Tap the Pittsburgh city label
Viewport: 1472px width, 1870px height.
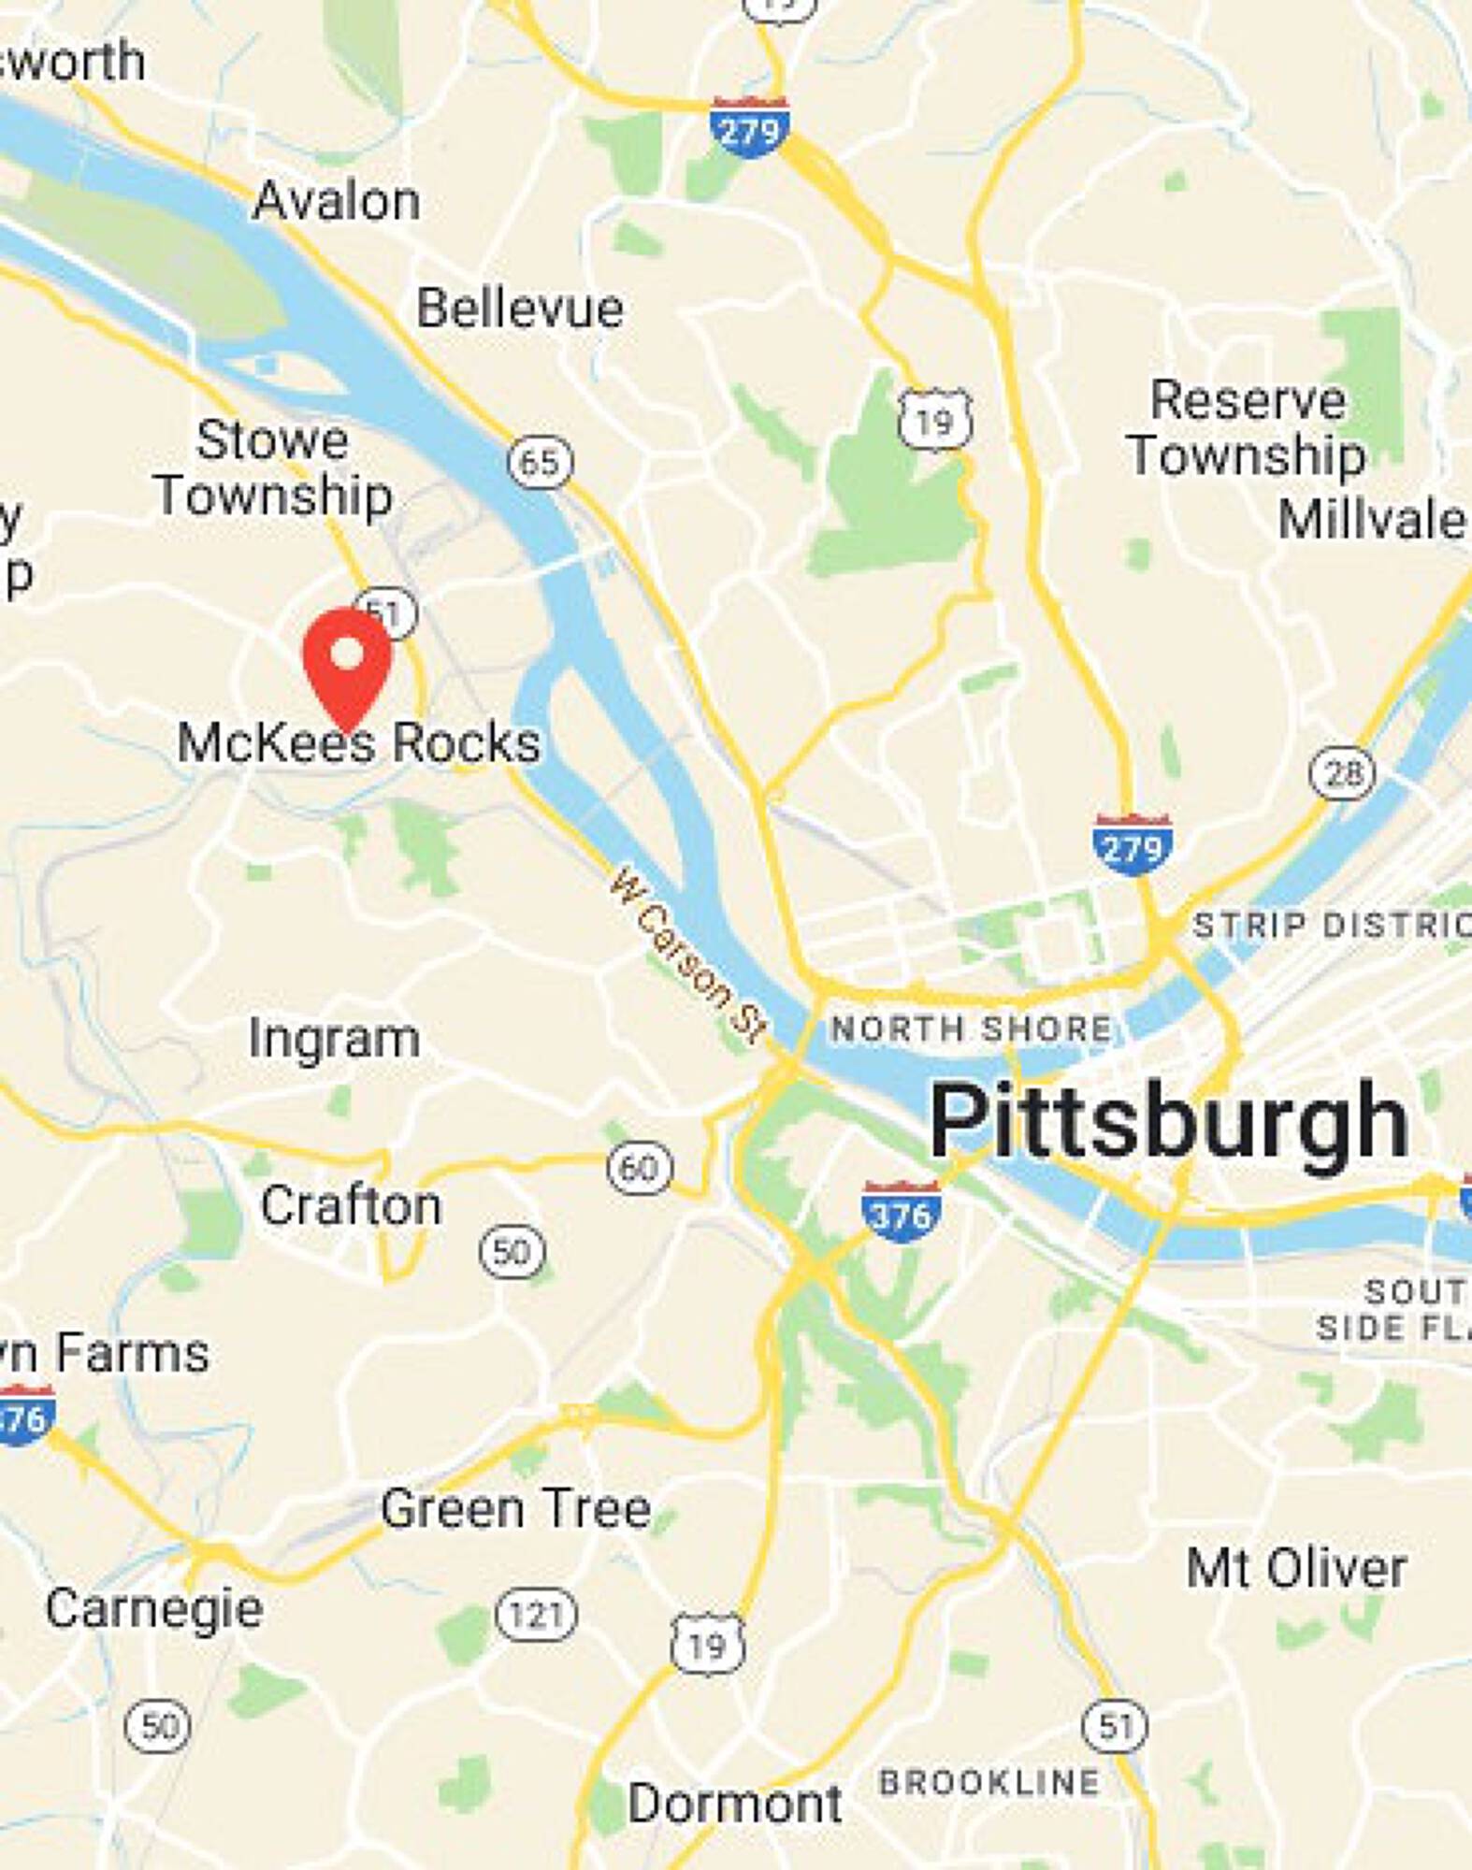click(x=1168, y=1120)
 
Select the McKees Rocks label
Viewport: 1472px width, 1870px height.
click(x=359, y=743)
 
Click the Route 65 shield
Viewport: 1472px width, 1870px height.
click(x=541, y=462)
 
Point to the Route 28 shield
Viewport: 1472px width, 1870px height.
click(x=1342, y=773)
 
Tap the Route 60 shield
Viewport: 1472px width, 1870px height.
click(x=640, y=1168)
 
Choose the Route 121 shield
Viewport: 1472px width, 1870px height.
click(x=536, y=1615)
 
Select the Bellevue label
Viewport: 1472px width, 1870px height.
click(x=520, y=309)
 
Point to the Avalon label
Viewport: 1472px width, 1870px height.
click(x=337, y=201)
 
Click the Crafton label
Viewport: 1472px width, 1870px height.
click(x=351, y=1206)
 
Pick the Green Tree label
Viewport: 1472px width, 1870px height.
click(x=515, y=1508)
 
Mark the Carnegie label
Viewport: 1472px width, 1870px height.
click(x=154, y=1609)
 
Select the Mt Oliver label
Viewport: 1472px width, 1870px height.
click(x=1296, y=1568)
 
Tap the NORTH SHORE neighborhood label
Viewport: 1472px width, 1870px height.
click(x=972, y=1029)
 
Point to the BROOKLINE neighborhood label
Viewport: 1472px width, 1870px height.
click(x=989, y=1782)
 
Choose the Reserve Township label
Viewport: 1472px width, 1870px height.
click(x=1247, y=427)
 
